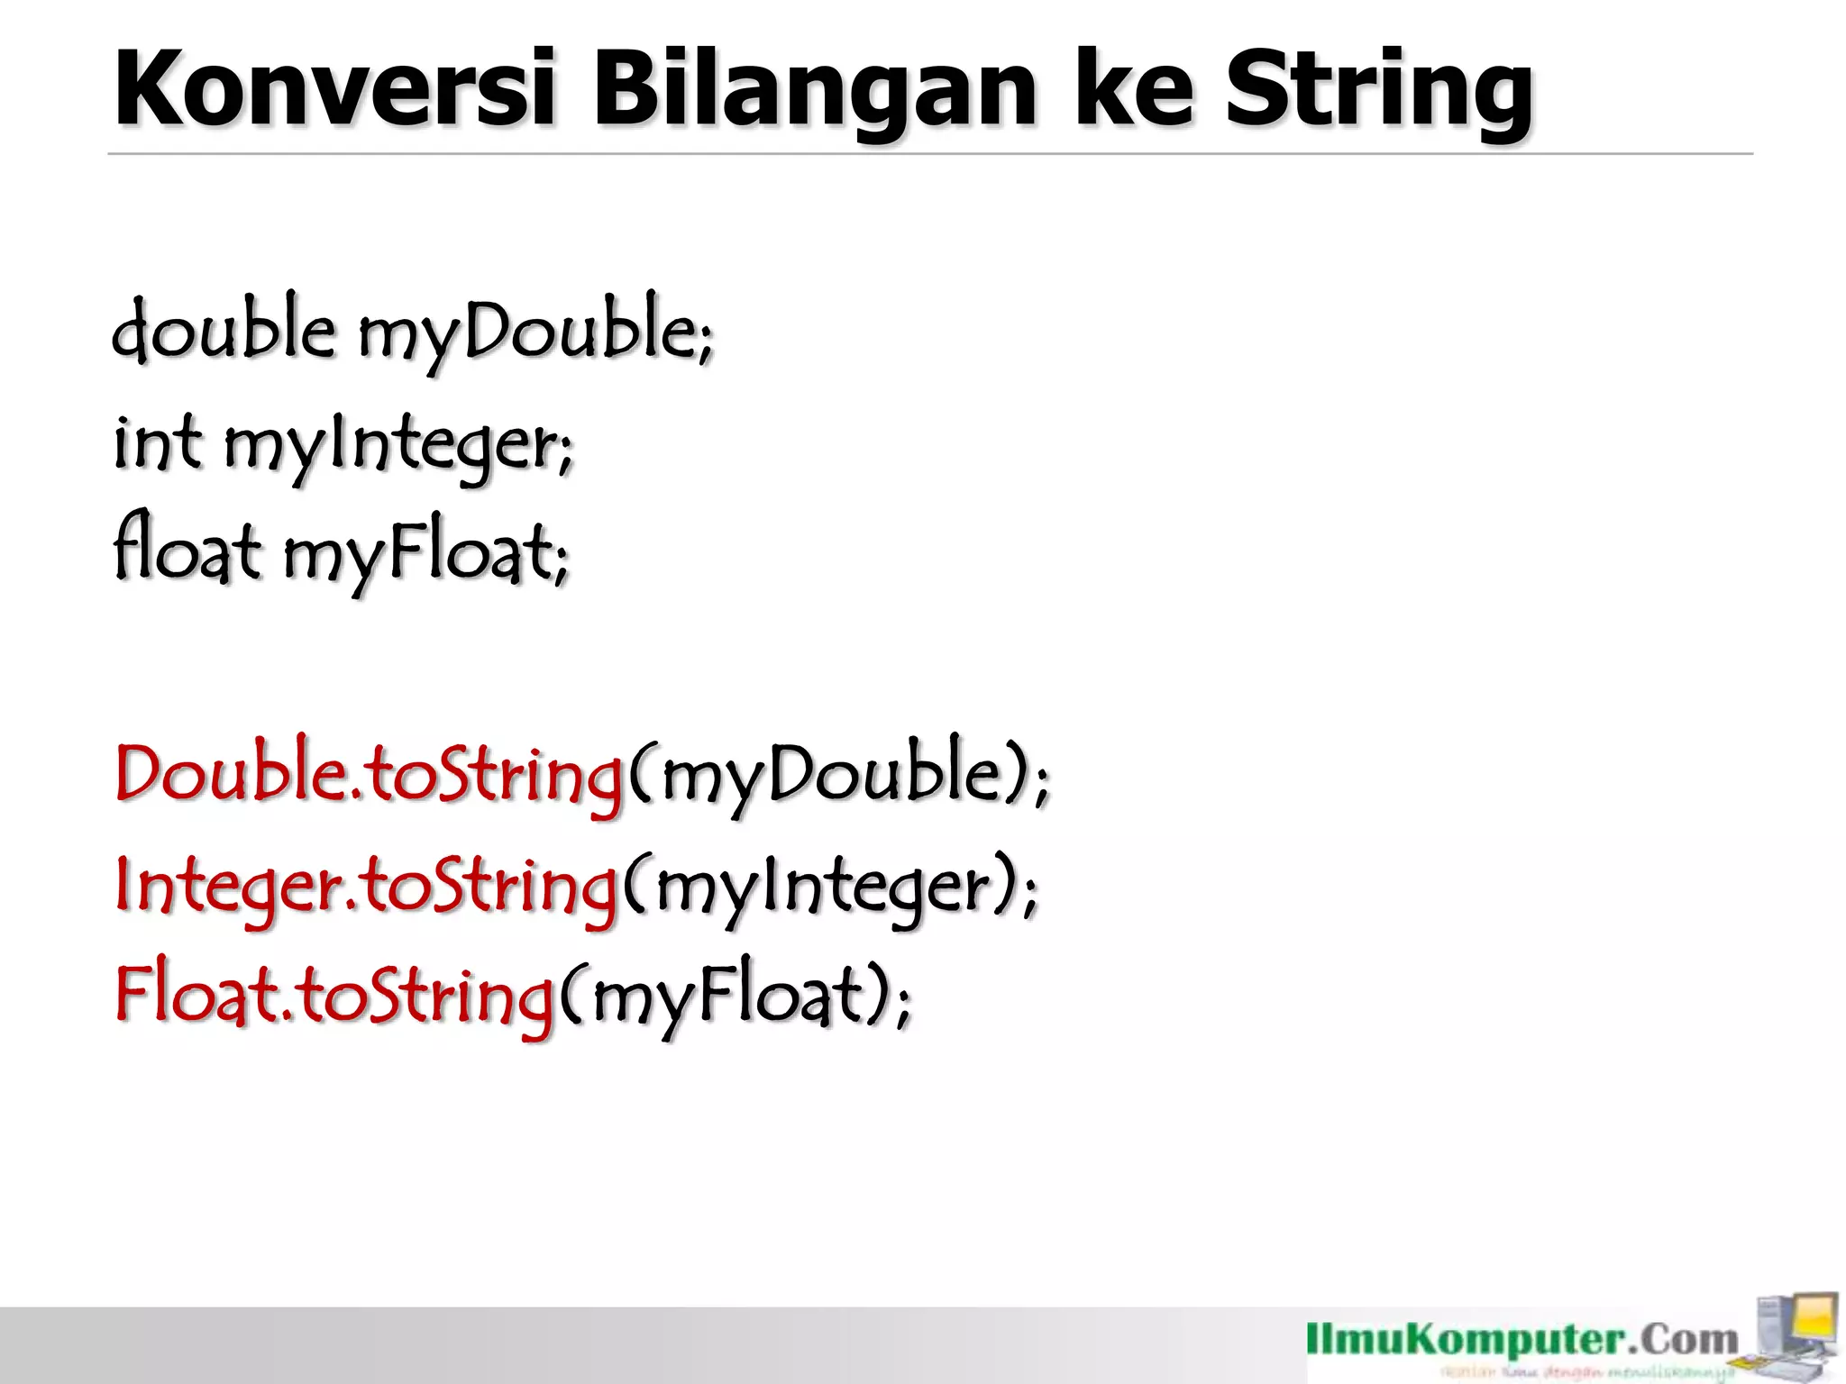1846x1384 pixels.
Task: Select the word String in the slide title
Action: pyautogui.click(x=1378, y=90)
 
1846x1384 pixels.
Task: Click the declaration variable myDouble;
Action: pyautogui.click(x=536, y=332)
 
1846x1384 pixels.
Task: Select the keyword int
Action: pyautogui.click(x=157, y=442)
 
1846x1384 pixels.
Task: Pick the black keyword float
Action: pyautogui.click(x=187, y=550)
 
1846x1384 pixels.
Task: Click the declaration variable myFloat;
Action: pyautogui.click(x=426, y=553)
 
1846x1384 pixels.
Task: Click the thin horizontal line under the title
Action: pyautogui.click(x=928, y=154)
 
